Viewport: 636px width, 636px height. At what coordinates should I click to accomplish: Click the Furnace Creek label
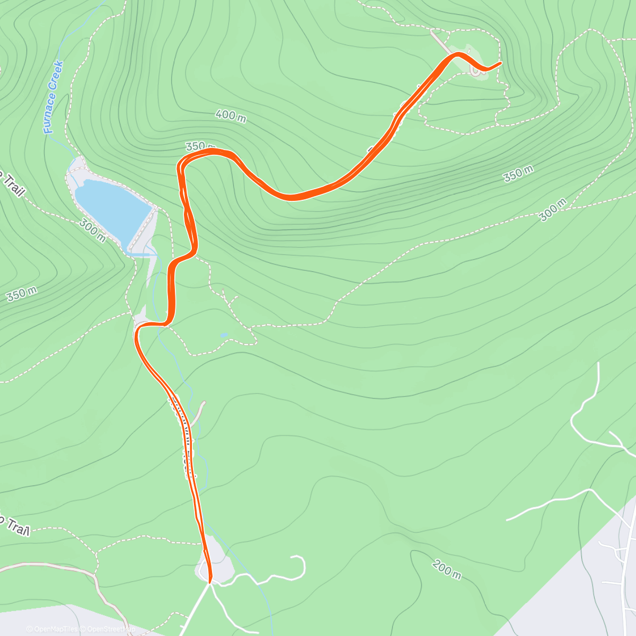coord(53,97)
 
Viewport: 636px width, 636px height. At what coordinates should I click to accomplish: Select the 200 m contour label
coord(446,569)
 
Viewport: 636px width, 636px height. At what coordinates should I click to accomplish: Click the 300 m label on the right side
coord(553,210)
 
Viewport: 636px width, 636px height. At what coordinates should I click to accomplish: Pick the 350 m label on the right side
coord(518,173)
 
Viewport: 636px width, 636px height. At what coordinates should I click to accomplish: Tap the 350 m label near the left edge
coord(22,294)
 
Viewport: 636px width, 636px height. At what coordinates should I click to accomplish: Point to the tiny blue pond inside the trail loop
coord(224,335)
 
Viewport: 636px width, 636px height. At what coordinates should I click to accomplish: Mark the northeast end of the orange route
coord(500,64)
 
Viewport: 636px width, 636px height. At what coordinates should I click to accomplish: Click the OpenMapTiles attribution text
coord(52,629)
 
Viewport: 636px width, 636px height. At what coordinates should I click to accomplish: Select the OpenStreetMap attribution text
coord(108,629)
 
